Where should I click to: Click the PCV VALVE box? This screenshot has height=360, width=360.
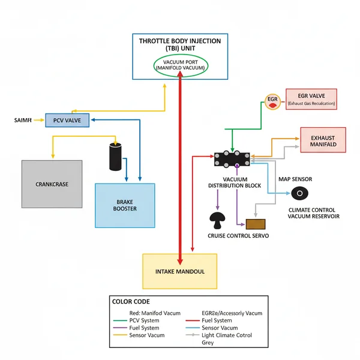67,120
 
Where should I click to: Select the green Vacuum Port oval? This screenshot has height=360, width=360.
180,65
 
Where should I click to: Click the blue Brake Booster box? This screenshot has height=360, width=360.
125,205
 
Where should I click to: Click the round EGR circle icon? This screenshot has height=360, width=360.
272,101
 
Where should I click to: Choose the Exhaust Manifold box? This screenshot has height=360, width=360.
323,141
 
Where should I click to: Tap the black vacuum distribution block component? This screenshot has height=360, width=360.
232,159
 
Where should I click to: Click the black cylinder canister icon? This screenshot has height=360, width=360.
115,157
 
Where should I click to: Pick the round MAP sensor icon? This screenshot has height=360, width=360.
299,194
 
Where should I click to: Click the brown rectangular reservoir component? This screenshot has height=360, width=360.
256,224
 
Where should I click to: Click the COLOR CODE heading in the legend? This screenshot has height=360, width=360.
131,301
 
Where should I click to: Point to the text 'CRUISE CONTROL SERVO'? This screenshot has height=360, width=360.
238,236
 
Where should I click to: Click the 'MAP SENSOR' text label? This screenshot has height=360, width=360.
295,179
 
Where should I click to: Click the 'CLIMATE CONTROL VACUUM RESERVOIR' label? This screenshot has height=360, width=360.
314,213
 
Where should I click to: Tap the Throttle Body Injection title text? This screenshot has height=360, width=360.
179,44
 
